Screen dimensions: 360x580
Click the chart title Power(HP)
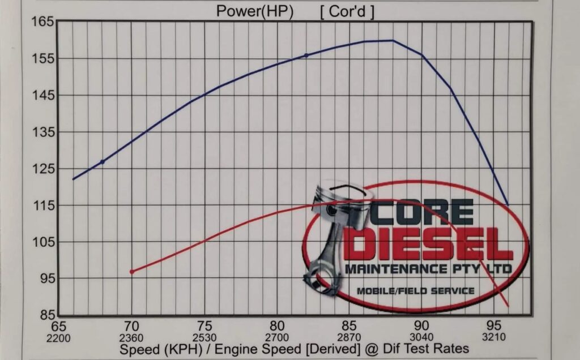coord(255,11)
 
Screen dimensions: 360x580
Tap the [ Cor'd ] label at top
coord(347,11)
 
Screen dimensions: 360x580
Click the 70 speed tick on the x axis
coord(131,326)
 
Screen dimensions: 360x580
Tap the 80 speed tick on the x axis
coord(276,326)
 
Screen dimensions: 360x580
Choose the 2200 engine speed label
coord(59,338)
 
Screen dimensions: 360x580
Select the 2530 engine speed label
coord(204,338)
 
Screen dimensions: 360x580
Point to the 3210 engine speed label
coord(494,338)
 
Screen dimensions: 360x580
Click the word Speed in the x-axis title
coord(138,349)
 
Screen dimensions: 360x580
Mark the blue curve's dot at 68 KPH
coord(103,162)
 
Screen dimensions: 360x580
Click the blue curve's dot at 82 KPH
coord(306,55)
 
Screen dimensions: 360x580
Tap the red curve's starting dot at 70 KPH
coord(132,272)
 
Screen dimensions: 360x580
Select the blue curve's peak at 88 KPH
coord(393,40)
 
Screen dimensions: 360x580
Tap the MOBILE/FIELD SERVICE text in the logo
coord(415,291)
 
